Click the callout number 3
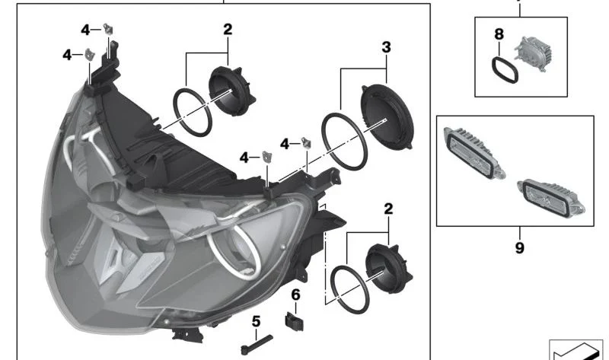coord(386,47)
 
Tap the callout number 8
coord(499,34)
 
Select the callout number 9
coord(520,248)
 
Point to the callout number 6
coord(295,295)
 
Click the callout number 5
coord(256,321)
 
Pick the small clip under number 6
coord(295,321)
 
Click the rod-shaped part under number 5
coord(257,345)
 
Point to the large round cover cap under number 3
coord(387,116)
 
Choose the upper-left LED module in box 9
coord(474,153)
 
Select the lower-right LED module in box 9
coord(551,199)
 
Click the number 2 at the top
coord(228,30)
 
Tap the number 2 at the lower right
coord(388,209)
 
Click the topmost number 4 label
coord(85,30)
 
